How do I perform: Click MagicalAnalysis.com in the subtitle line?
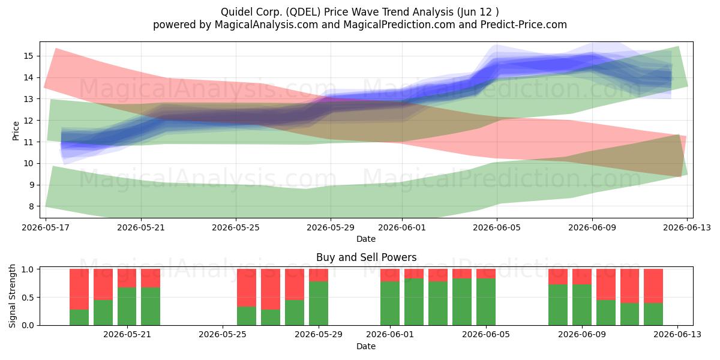[x=266, y=25]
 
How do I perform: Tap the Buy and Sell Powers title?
[x=366, y=257]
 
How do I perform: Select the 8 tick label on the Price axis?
[x=31, y=206]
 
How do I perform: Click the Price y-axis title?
[x=16, y=131]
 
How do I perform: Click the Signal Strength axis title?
[x=12, y=296]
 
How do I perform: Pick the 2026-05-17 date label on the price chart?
[x=46, y=227]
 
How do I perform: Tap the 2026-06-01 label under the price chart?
[x=402, y=227]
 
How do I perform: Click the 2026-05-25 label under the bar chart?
[x=223, y=335]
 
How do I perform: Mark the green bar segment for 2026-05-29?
[x=319, y=304]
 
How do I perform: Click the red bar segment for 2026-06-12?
[x=653, y=286]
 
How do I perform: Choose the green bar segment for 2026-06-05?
[x=486, y=302]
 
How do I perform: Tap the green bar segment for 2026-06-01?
[x=390, y=304]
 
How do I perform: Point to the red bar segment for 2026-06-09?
[x=582, y=277]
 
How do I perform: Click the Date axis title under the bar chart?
[x=366, y=346]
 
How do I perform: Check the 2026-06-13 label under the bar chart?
[x=677, y=335]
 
